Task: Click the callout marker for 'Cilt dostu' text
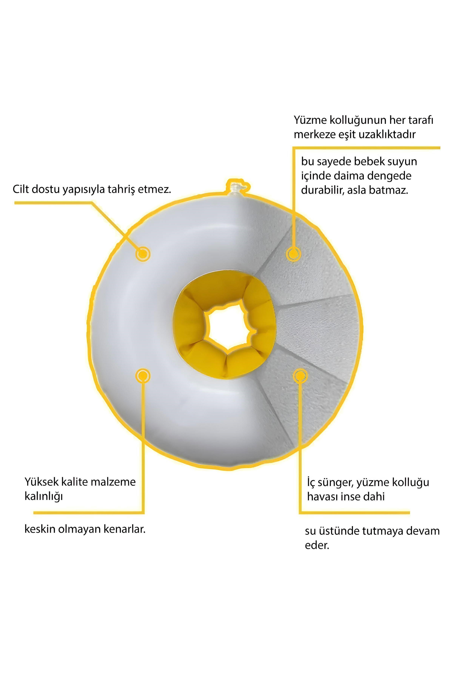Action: click(143, 254)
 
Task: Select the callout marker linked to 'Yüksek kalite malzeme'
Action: click(143, 376)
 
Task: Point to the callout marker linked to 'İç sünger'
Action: click(300, 376)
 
